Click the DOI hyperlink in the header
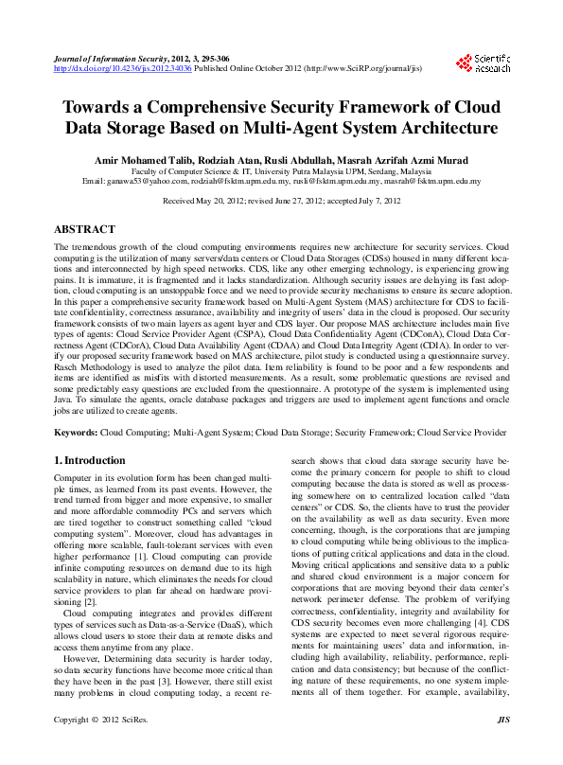pyautogui.click(x=122, y=68)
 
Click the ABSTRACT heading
pyautogui.click(x=85, y=230)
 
